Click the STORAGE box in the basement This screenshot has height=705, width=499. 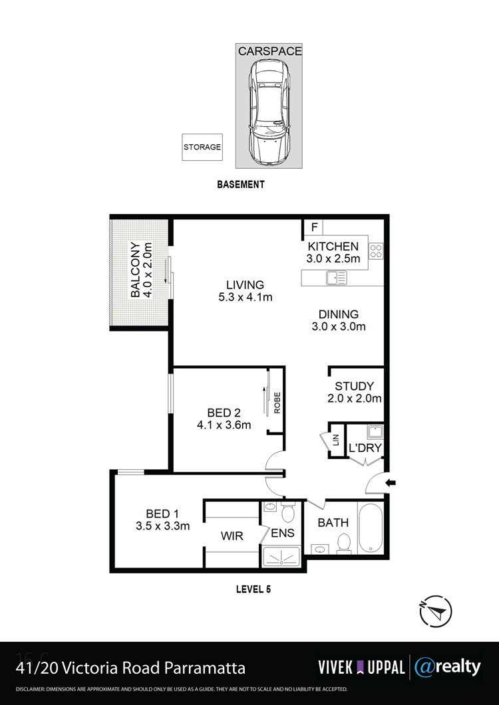click(202, 147)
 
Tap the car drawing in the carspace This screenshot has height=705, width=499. click(269, 112)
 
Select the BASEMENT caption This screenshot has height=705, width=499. click(240, 184)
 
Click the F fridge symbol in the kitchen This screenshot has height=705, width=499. click(314, 227)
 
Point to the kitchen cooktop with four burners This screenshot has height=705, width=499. click(376, 251)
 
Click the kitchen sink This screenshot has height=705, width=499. click(337, 278)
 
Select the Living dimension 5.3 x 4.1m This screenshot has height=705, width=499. click(245, 297)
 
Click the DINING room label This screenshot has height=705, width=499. click(339, 314)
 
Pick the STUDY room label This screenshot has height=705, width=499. click(355, 386)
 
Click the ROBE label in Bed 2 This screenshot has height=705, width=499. click(277, 403)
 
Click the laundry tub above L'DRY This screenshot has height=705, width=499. click(375, 432)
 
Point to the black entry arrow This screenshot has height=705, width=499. click(391, 483)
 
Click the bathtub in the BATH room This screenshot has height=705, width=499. click(371, 528)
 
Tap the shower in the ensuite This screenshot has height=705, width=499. click(281, 556)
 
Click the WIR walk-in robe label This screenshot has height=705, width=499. click(232, 536)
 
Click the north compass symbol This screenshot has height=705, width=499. click(435, 611)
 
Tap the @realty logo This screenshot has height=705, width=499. click(447, 667)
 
